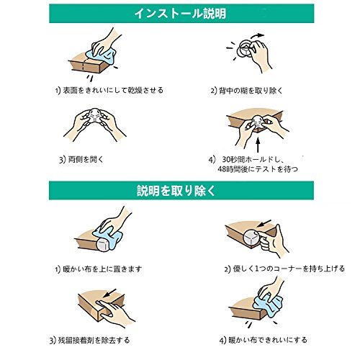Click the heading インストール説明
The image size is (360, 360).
point(180,14)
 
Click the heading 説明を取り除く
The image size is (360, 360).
point(176,191)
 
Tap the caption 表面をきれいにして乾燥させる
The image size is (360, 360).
point(113,91)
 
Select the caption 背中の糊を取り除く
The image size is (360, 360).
point(251,91)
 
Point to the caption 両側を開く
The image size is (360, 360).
point(86,159)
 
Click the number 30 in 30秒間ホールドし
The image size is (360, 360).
point(226,160)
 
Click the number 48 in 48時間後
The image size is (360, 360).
point(222,169)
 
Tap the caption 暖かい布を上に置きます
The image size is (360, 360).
point(102,269)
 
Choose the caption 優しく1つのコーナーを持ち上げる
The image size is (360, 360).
point(289,269)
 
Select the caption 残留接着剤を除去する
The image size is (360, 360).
point(94,340)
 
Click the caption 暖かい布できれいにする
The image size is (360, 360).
point(268,340)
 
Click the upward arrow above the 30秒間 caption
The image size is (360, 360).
point(258,144)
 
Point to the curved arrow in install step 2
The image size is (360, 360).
point(257,36)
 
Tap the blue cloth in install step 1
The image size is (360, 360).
point(102,54)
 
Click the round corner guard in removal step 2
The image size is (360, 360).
point(251,238)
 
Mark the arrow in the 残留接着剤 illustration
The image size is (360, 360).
point(110,293)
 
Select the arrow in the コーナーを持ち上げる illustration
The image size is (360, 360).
point(265,223)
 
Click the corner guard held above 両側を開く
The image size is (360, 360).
point(94,117)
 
